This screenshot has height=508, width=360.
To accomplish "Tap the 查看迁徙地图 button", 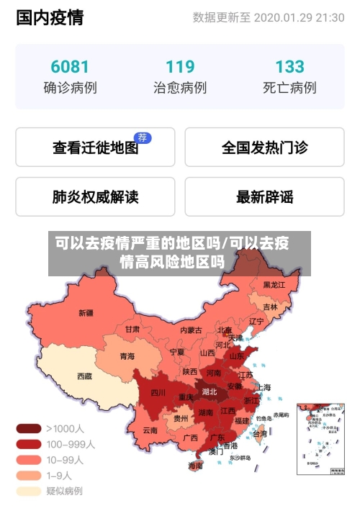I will tap(95, 148).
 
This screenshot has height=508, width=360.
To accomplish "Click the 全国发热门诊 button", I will tap(264, 148).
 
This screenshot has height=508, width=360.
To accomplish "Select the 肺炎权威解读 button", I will tap(95, 196).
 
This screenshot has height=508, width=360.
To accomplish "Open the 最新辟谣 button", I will tap(264, 196).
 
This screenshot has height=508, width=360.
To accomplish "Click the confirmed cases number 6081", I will tap(70, 67).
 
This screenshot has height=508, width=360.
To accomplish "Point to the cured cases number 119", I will tap(180, 67).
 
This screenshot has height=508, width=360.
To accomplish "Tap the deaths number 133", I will tap(289, 67).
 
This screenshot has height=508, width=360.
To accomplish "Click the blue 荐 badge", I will tap(143, 137).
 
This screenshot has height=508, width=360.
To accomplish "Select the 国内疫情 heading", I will tap(50, 17).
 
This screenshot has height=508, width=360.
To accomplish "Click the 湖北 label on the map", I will tap(210, 392).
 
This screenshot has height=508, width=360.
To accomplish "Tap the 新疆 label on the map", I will tap(86, 313).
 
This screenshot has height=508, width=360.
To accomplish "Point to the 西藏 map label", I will tap(85, 376).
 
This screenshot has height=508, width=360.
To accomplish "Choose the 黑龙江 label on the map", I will tap(274, 285).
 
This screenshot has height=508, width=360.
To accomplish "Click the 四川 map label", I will tap(158, 393).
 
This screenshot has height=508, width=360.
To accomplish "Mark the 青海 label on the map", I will tap(127, 355).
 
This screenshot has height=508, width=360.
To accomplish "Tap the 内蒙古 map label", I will tap(191, 330).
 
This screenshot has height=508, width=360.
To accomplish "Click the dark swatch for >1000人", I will tap(29, 428).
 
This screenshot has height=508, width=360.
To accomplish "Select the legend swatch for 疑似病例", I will tap(29, 491).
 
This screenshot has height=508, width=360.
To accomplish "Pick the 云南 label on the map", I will tap(150, 430).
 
